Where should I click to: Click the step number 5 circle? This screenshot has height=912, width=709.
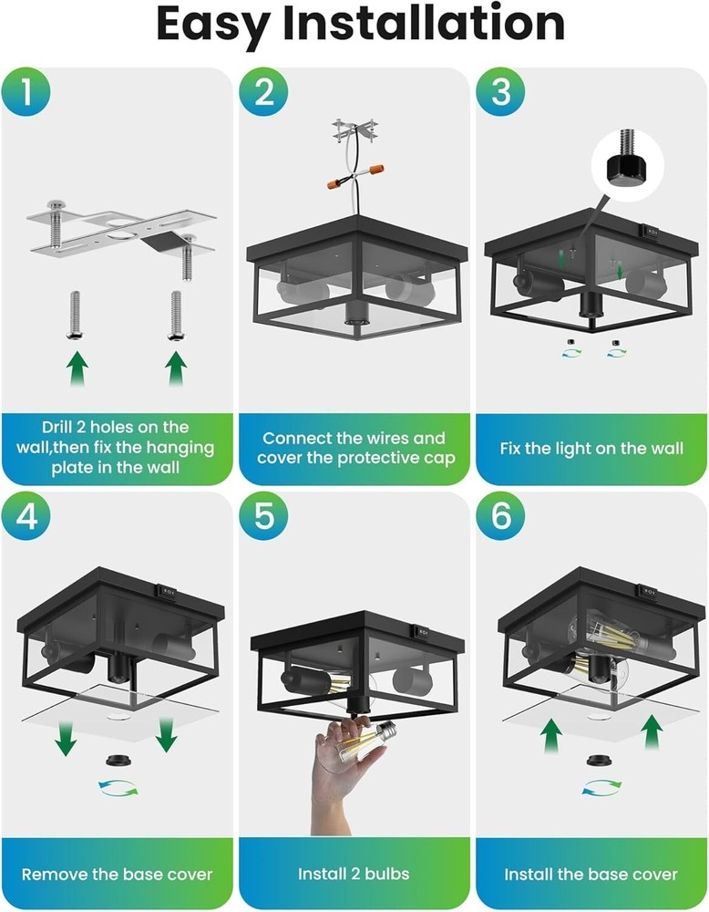[x=264, y=517]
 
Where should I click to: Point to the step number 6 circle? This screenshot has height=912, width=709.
[x=501, y=517]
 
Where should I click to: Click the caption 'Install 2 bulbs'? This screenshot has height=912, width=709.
[x=354, y=874]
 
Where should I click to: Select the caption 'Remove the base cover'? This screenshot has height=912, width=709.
[x=117, y=874]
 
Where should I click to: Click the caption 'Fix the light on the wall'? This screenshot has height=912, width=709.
[x=591, y=449]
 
